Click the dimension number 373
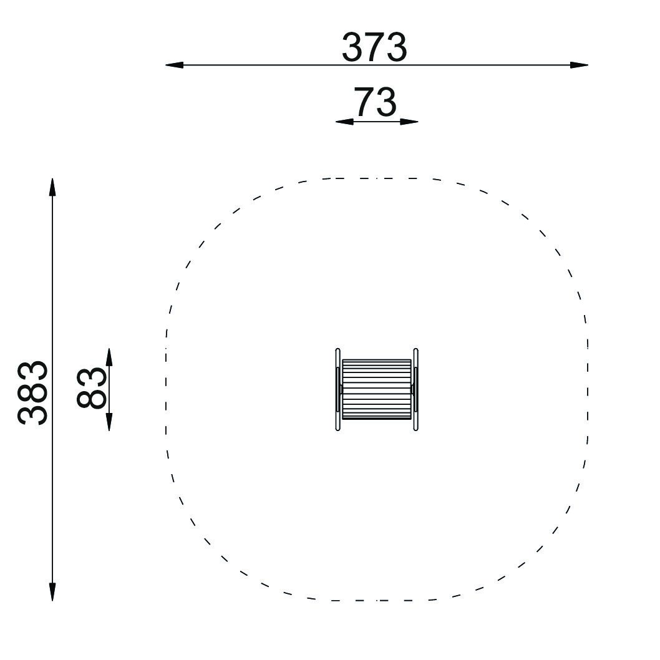coord(374,47)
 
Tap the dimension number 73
coord(375,102)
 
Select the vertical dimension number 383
coord(32,392)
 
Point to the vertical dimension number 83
coord(91,387)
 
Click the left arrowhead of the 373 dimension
coord(174,66)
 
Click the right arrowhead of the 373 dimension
coord(579,66)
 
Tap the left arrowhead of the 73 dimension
coord(344,122)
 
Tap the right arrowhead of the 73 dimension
coord(409,122)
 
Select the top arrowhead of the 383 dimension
coord(52,187)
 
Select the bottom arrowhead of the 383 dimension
coord(52,592)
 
